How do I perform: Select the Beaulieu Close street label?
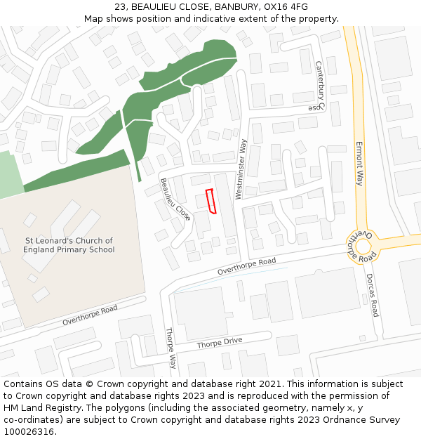point(175,199)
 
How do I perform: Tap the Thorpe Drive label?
point(219,342)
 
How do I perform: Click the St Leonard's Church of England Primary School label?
point(68,245)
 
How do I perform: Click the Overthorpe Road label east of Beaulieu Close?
point(246,266)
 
